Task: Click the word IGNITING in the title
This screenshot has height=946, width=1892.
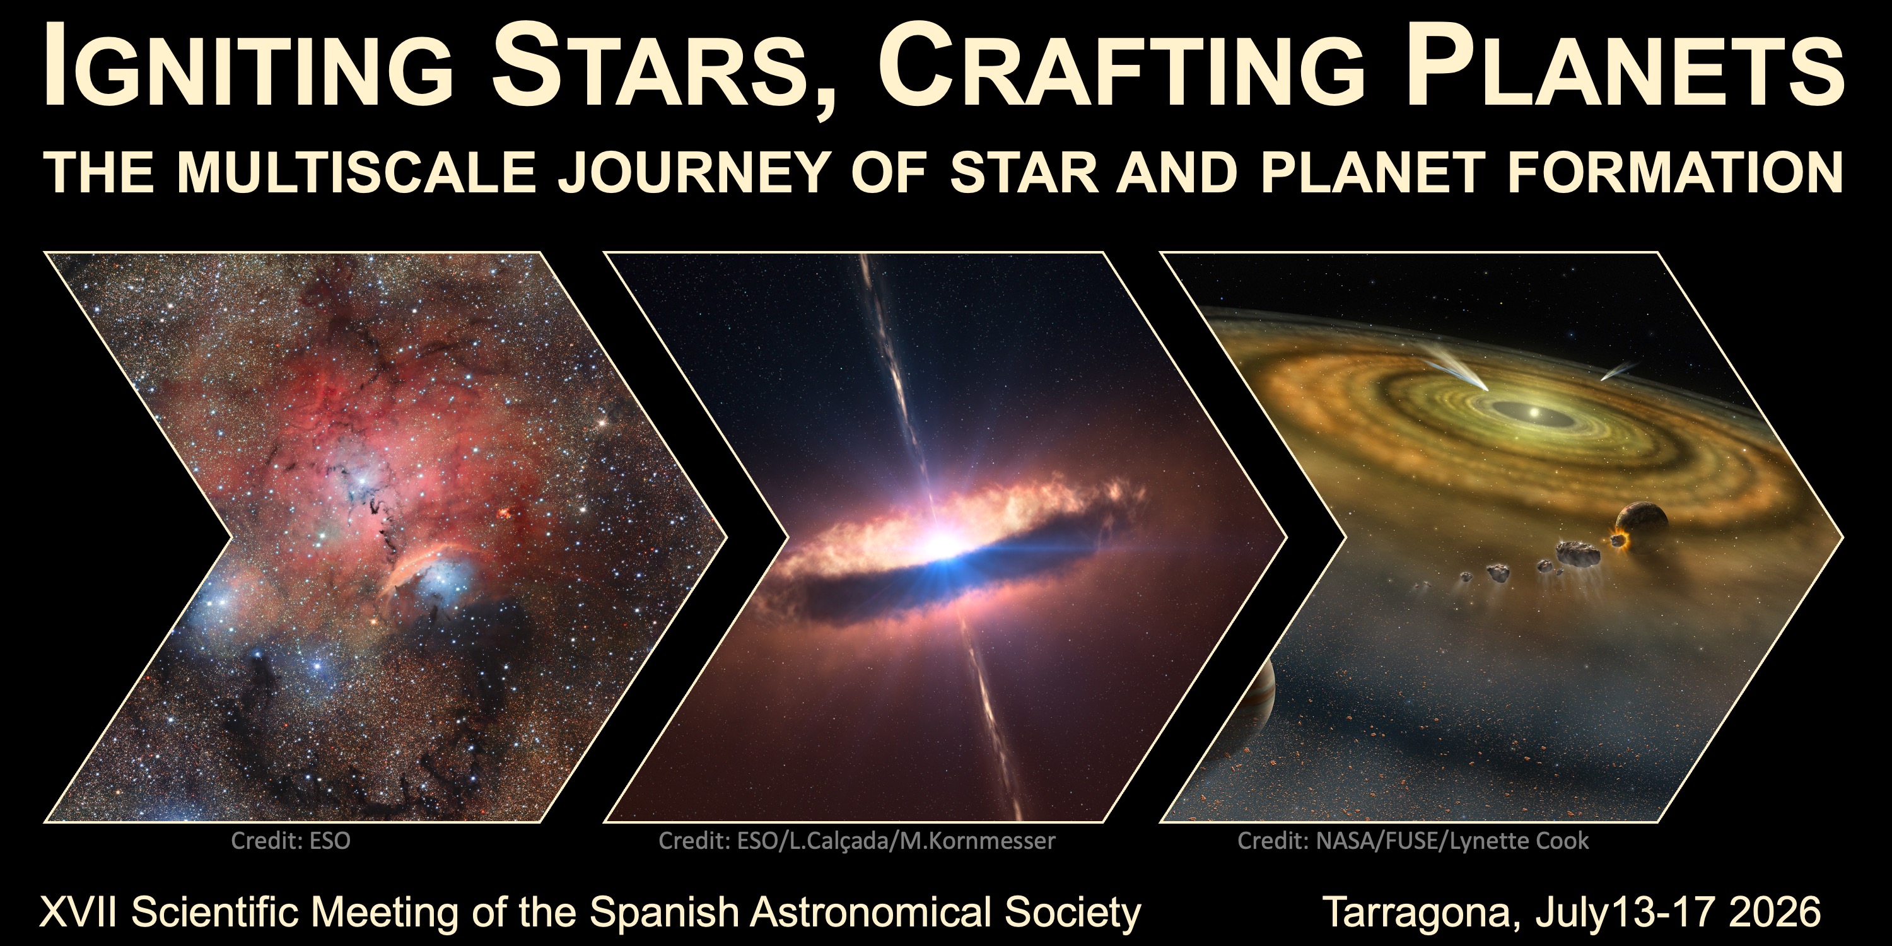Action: (x=249, y=66)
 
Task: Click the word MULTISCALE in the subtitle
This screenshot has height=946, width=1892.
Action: (x=356, y=173)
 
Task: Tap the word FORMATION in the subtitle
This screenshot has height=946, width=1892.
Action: (x=1675, y=173)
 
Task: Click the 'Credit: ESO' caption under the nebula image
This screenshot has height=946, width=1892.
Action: (x=291, y=840)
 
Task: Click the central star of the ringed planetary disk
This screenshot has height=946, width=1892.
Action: (x=1533, y=414)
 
